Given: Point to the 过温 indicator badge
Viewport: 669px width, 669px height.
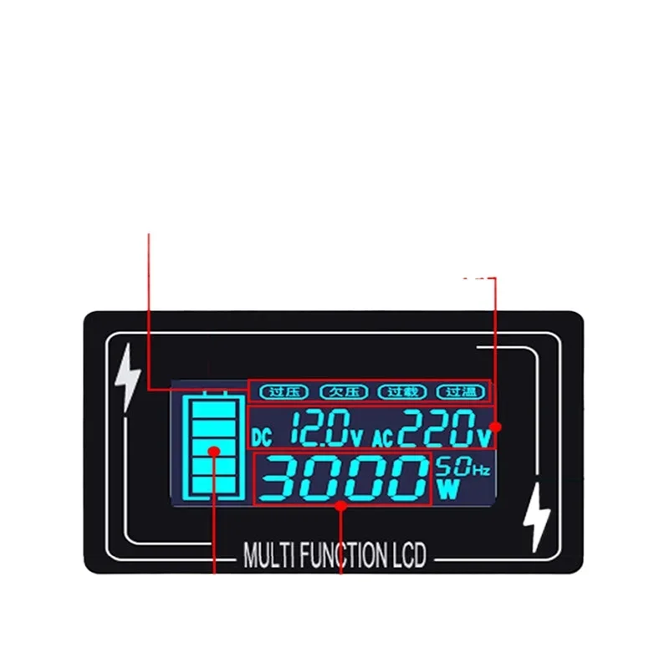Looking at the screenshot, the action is (461, 391).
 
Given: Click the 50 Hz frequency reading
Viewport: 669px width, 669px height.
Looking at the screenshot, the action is (455, 467).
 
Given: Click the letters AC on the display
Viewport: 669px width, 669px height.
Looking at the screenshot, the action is (381, 437).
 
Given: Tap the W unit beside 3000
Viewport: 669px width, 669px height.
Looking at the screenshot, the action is (449, 489).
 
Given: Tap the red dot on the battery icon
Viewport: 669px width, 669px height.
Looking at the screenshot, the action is (215, 452).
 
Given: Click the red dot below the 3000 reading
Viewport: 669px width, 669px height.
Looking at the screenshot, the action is (341, 506).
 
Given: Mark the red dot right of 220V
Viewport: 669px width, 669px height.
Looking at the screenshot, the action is (494, 426).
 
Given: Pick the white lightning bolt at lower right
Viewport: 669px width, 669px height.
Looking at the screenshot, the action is (535, 518).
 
